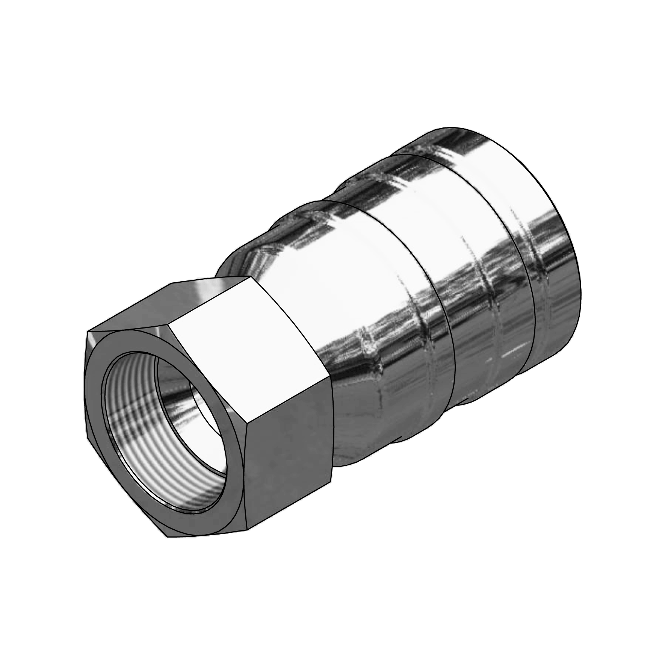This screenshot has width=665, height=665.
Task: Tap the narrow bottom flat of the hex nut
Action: (207, 534)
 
